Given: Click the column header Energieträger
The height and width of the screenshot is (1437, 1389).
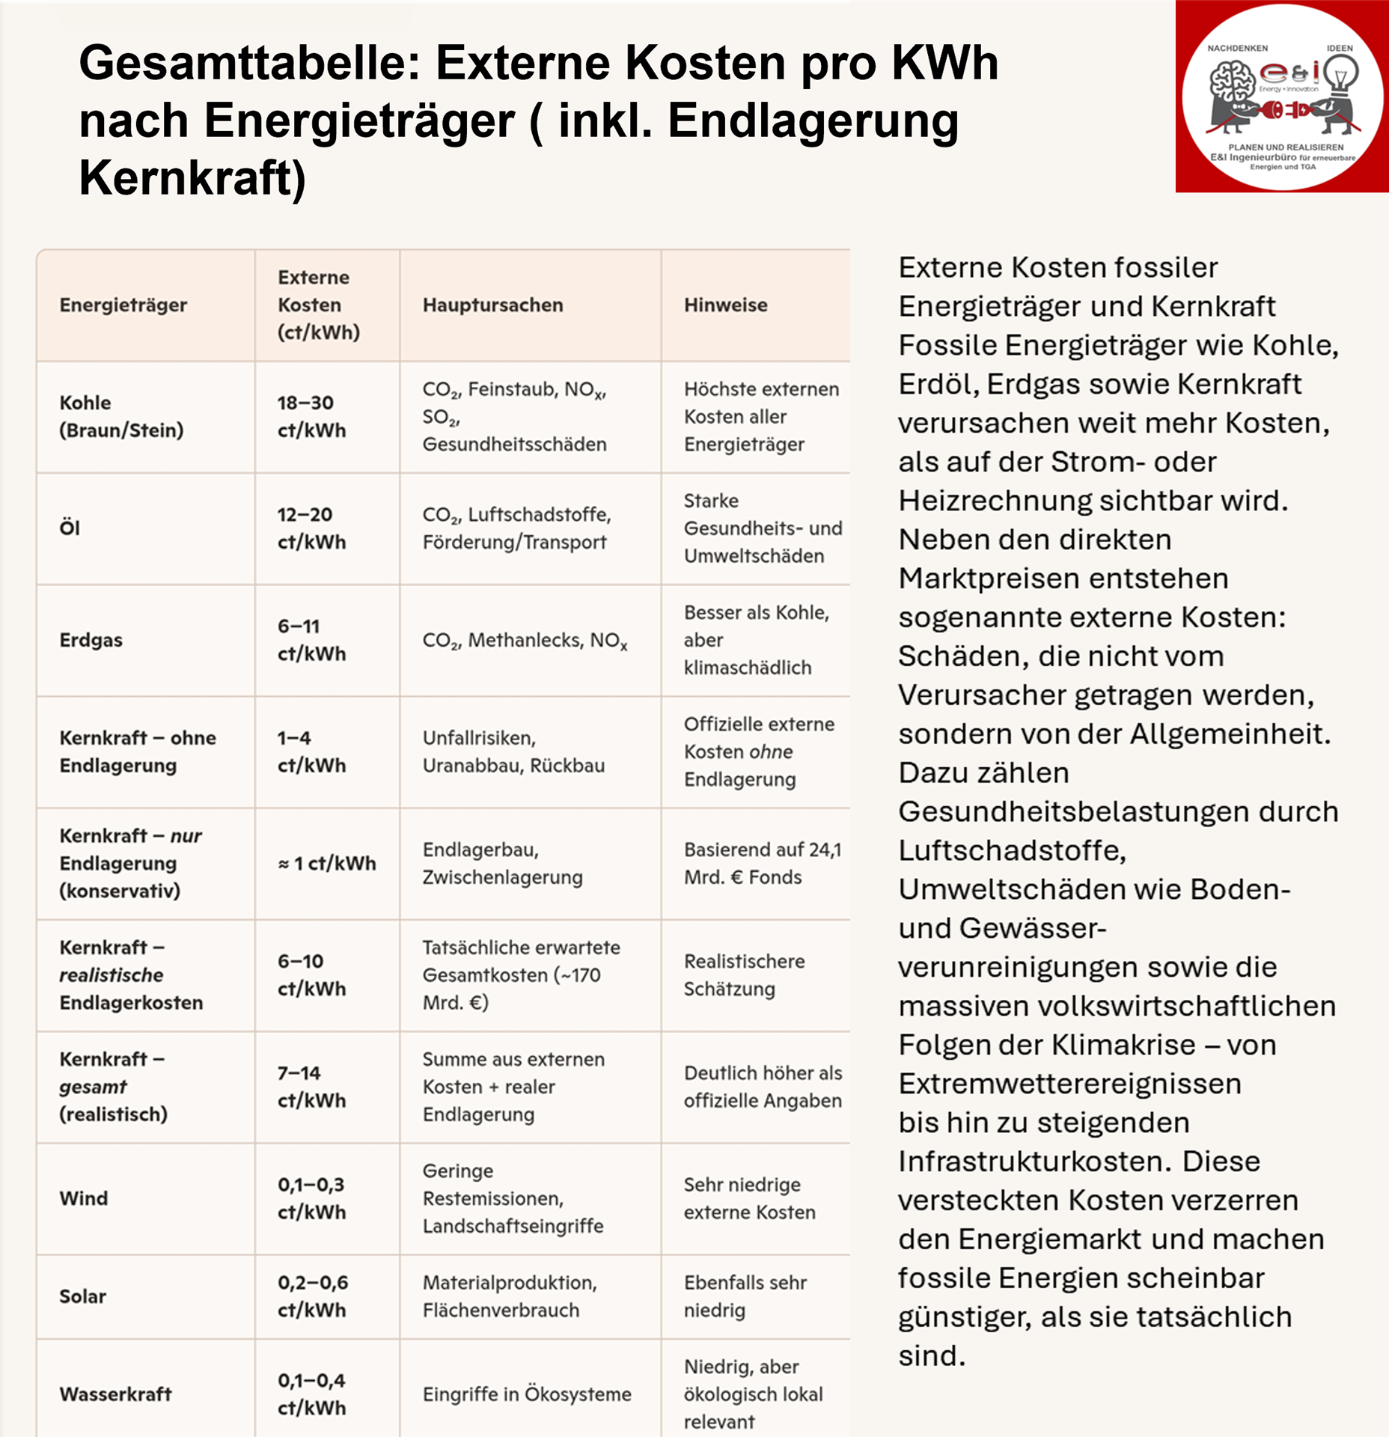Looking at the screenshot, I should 123,305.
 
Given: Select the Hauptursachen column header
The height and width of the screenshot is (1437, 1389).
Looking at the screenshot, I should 492,305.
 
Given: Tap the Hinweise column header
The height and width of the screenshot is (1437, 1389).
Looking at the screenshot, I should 725,305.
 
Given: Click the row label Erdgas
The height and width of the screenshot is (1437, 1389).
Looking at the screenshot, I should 91,641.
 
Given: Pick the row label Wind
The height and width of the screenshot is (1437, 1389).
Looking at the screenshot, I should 84,1199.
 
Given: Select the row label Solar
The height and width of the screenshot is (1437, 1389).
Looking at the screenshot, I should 82,1297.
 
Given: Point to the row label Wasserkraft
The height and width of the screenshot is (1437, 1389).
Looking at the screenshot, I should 116,1394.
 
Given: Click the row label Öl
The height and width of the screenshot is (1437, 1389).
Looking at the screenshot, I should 70,528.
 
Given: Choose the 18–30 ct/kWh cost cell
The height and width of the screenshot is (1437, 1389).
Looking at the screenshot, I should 311,417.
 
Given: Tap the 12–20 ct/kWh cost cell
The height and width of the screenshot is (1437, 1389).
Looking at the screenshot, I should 311,528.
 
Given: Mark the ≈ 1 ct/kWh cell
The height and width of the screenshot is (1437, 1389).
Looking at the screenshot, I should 326,864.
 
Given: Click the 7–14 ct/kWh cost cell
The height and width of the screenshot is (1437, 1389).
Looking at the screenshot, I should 311,1087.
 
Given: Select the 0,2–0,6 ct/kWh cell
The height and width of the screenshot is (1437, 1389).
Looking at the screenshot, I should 313,1297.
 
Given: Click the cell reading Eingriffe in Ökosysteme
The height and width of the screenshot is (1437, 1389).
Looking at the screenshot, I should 527,1394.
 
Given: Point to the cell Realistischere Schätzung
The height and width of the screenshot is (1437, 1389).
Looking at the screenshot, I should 744,975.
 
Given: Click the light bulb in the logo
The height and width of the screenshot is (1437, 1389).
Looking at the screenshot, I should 1340,75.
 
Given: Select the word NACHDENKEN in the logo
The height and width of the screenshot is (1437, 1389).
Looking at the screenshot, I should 1237,48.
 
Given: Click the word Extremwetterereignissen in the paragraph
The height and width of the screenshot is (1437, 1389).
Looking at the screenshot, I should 1069,1084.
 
